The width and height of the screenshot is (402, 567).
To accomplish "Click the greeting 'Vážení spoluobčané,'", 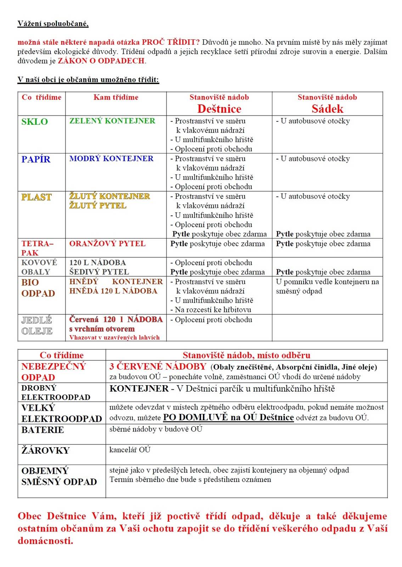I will (53, 24).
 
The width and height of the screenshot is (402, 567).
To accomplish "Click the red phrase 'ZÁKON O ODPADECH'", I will (101, 61).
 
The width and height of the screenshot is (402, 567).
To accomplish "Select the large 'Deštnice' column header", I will (219, 108).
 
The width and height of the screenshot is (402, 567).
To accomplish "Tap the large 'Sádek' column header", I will (327, 108).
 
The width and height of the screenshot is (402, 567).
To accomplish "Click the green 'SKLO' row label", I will (34, 122).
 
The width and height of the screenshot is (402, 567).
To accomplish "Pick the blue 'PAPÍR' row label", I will (36, 159).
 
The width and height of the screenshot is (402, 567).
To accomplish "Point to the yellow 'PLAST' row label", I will (36, 197).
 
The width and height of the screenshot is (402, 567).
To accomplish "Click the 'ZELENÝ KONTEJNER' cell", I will (112, 121).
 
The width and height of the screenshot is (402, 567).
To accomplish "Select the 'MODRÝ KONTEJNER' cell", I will (111, 158).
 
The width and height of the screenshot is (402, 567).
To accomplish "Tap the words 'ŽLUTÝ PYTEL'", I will (97, 206).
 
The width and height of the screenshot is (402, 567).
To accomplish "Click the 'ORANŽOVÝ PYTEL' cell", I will (107, 243).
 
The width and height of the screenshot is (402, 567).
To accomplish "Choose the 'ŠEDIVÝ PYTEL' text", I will (99, 272).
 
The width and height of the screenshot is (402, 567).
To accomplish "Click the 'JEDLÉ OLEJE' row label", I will (37, 326).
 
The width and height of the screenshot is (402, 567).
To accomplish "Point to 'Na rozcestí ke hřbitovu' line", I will (213, 309).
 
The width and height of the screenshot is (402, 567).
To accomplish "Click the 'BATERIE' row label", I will (43, 430).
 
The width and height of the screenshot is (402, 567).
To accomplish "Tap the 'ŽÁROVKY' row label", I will (45, 450).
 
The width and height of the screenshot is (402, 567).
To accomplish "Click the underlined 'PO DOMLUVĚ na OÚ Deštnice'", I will (228, 417).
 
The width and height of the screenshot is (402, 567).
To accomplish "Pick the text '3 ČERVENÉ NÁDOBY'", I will (158, 366).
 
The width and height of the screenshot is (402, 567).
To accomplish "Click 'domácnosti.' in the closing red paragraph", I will (45, 540).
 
